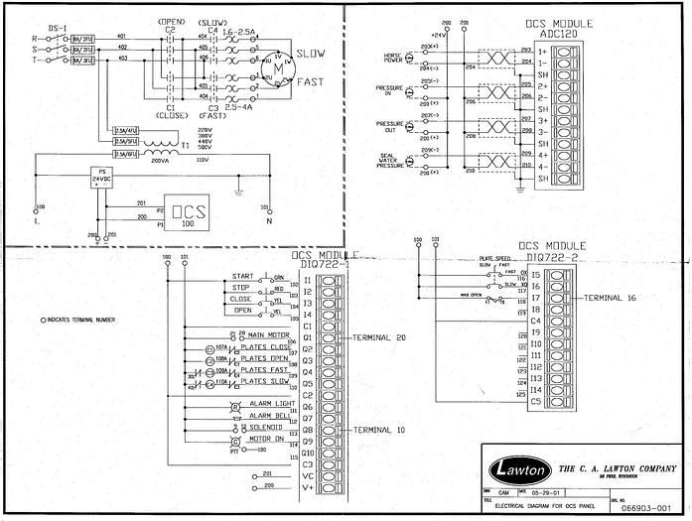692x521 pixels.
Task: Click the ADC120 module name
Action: pyautogui.click(x=559, y=33)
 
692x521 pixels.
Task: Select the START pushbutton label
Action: pyautogui.click(x=242, y=277)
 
